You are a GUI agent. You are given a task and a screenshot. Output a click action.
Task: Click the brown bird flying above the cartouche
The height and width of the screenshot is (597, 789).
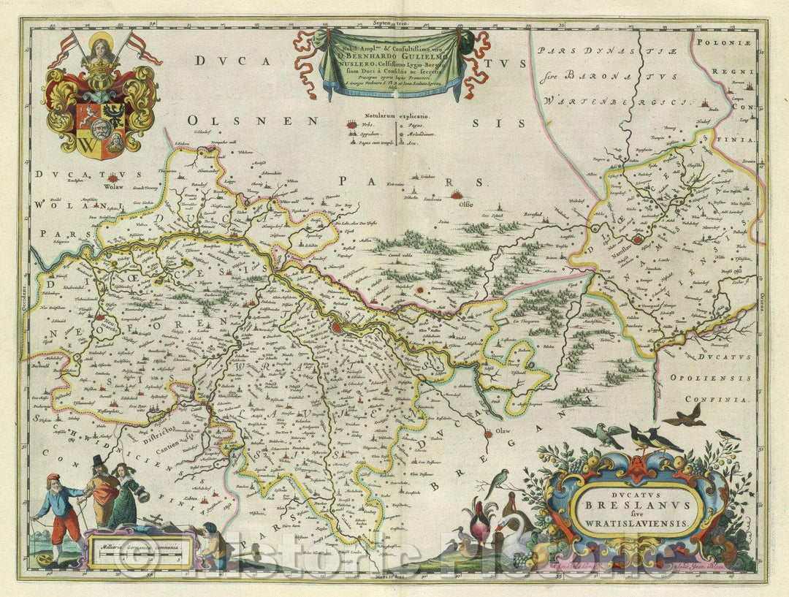pos(685,417)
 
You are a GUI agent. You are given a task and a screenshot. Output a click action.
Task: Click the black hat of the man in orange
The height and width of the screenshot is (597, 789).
pos(98,460)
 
